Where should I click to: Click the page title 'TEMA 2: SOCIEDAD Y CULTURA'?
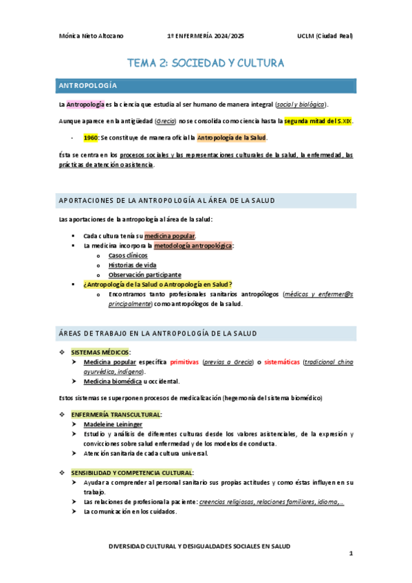click(206, 63)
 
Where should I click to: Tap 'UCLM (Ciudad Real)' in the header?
click(325, 36)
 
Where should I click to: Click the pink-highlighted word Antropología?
click(85, 104)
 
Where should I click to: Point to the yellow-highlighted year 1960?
click(90, 137)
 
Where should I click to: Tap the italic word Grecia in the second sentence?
click(166, 121)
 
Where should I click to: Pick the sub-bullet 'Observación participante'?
click(144, 274)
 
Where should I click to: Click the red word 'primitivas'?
click(184, 362)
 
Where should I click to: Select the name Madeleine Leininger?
click(113, 425)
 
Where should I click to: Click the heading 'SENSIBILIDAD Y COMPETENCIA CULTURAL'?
click(132, 473)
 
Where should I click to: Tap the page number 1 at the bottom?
click(350, 553)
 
